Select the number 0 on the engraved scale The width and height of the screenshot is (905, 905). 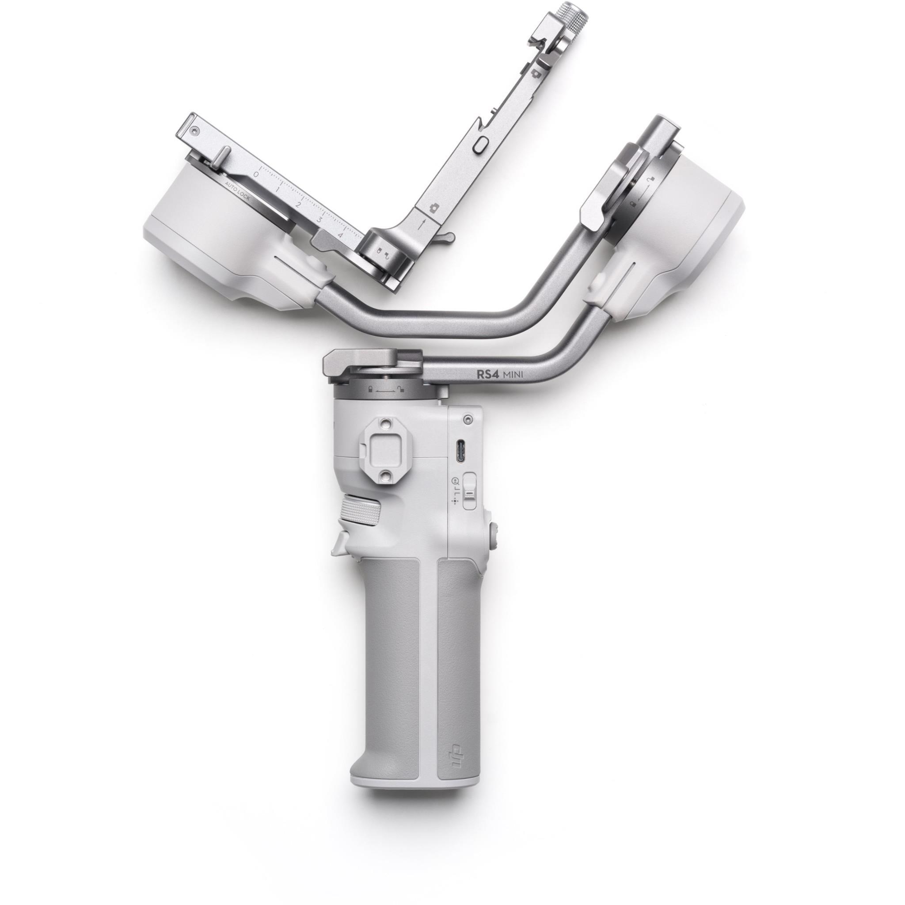256,173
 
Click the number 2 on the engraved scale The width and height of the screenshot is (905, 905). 298,205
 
